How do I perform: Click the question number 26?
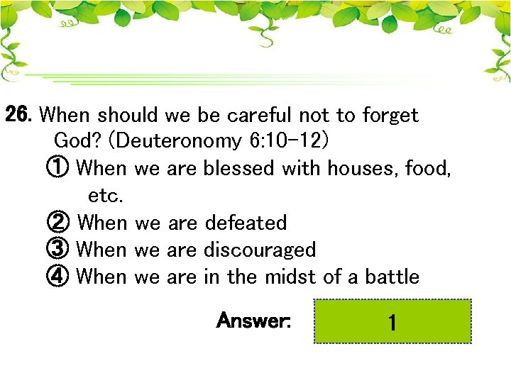click(x=20, y=114)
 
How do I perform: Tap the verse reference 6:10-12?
click(x=287, y=141)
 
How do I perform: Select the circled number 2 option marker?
click(x=58, y=223)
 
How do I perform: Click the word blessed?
click(x=239, y=169)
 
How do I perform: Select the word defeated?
click(x=246, y=223)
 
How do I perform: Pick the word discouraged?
click(x=259, y=250)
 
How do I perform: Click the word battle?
click(x=392, y=277)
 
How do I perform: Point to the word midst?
click(x=290, y=277)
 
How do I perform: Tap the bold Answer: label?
click(x=253, y=321)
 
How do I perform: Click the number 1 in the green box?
click(x=392, y=323)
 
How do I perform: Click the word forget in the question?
click(x=390, y=115)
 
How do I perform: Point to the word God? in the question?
click(x=79, y=141)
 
